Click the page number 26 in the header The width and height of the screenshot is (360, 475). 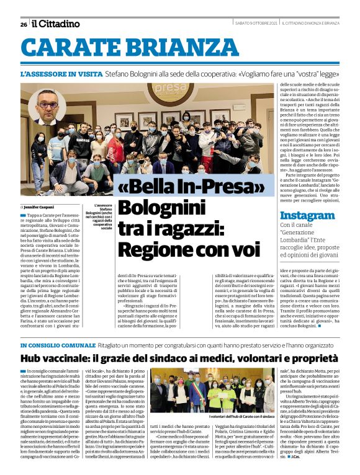click(x=24, y=24)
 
